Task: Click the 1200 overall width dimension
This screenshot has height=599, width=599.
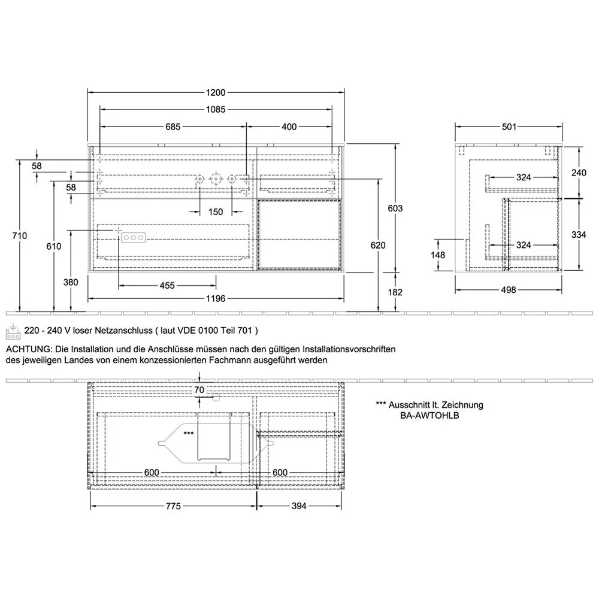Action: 216,93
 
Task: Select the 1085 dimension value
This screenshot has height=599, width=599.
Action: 216,110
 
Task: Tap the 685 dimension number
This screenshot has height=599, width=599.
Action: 173,126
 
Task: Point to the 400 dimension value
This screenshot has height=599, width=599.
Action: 289,126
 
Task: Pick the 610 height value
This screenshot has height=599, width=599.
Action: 55,246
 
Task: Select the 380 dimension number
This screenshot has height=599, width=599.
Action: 71,283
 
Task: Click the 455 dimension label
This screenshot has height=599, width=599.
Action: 167,286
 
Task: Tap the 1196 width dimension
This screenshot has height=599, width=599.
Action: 216,298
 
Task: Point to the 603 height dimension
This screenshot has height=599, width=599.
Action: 395,208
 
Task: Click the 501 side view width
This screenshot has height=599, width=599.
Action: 509,126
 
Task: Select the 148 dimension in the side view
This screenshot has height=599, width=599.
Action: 439,255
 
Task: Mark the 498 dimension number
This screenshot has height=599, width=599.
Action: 509,290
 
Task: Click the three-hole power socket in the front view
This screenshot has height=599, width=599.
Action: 133,238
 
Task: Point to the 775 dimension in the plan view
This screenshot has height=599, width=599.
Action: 173,506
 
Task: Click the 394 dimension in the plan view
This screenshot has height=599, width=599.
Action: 299,506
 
